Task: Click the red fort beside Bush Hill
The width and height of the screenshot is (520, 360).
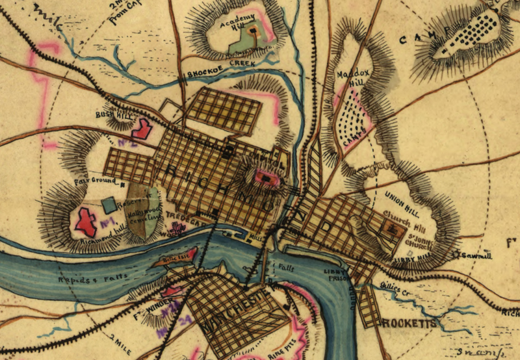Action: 142,128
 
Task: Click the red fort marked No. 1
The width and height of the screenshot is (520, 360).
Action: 86,221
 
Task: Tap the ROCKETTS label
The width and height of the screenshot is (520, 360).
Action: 408,322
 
